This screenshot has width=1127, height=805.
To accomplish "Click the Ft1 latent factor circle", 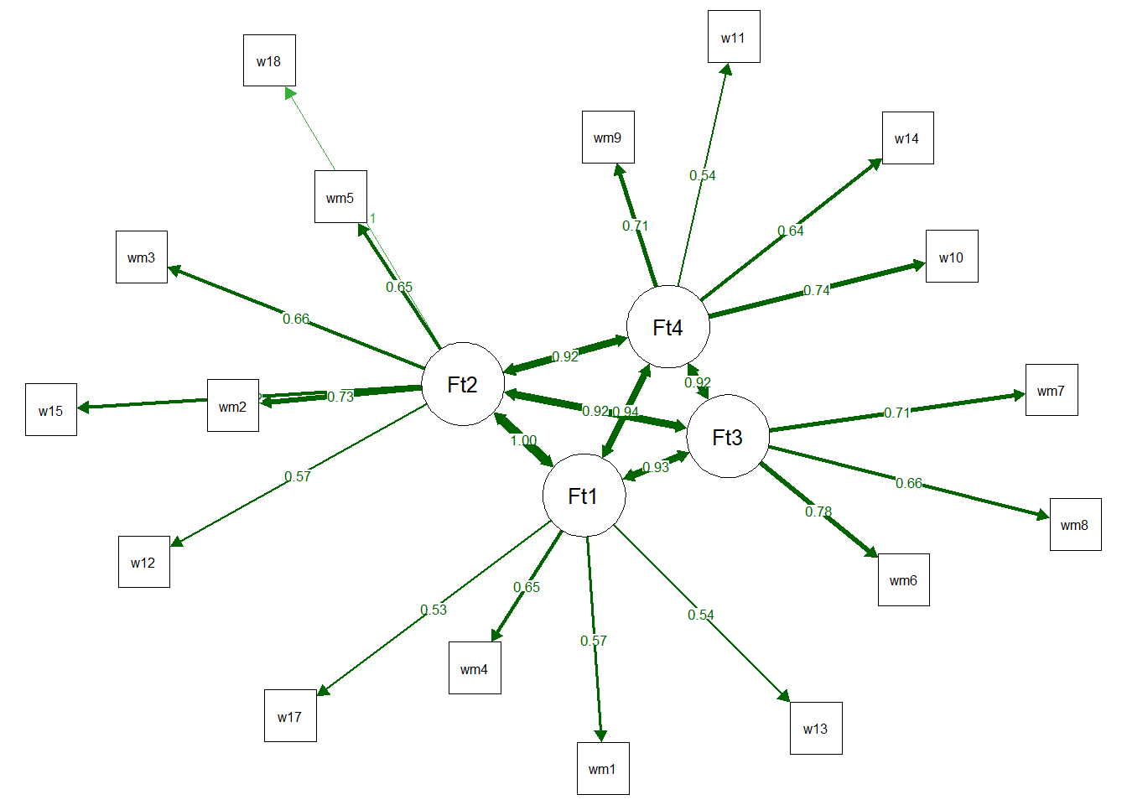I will [x=584, y=496].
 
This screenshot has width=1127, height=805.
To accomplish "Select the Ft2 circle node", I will [x=463, y=384].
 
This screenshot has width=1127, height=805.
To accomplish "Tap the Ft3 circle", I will [x=727, y=436].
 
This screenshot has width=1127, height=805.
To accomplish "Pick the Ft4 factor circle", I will [x=667, y=327].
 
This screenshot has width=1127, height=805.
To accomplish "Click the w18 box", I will [x=269, y=60].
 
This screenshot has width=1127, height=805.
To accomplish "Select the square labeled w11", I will [x=734, y=37].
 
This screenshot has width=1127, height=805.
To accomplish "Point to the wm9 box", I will [x=608, y=138].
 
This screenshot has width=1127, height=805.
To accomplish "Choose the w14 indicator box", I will [x=907, y=138].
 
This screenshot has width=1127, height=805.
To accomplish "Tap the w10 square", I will [x=952, y=257].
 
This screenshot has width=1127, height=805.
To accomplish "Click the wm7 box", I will [x=1051, y=390].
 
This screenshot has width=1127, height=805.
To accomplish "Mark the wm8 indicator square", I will [x=1075, y=525].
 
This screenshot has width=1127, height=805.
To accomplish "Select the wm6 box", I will [x=903, y=579].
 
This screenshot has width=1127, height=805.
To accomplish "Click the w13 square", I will [x=816, y=728].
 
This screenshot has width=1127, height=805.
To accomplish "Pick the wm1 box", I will [x=602, y=768].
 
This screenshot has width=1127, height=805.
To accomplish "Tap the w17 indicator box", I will [x=290, y=716].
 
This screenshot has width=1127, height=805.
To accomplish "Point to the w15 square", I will [x=51, y=410].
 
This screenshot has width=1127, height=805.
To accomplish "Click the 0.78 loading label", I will [x=818, y=512].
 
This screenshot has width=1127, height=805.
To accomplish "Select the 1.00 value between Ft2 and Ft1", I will [x=523, y=440].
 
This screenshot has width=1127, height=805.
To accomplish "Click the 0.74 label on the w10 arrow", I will [x=817, y=290].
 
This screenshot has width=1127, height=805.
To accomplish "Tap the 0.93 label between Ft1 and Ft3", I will [x=656, y=467].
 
